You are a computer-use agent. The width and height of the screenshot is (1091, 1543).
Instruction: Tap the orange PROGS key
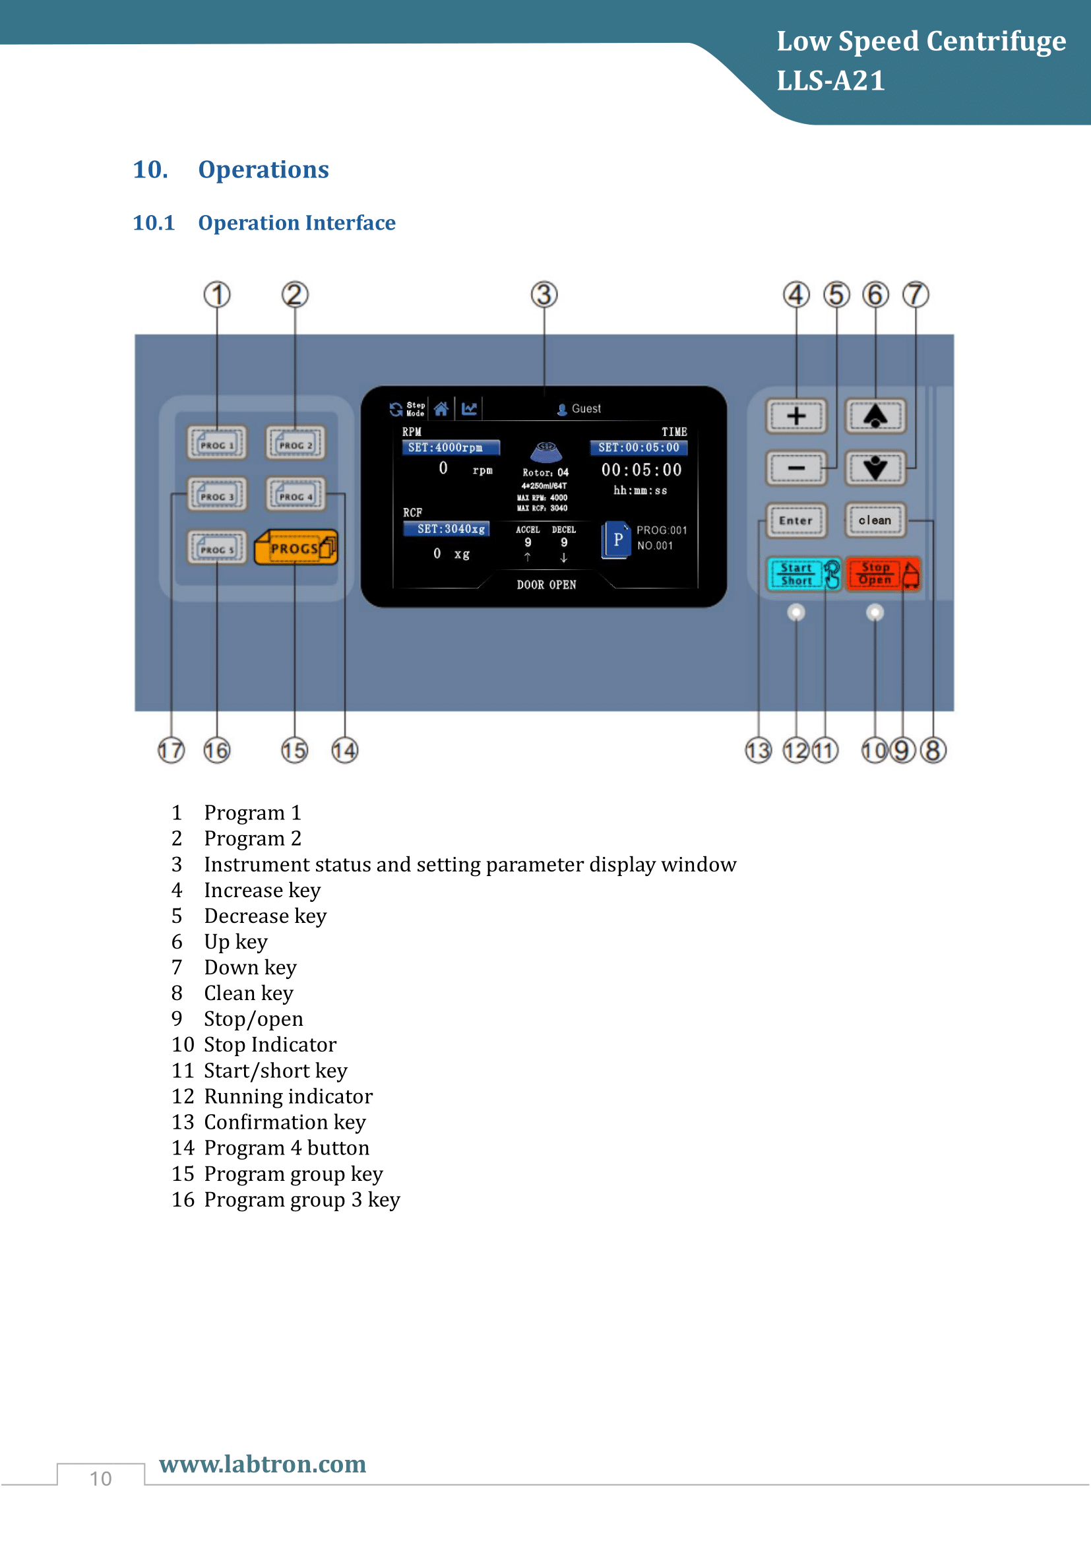(296, 548)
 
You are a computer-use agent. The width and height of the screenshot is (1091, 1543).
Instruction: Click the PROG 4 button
(296, 495)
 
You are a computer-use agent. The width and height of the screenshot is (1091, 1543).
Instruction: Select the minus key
(796, 468)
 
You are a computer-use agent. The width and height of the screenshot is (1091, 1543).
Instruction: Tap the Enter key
(796, 520)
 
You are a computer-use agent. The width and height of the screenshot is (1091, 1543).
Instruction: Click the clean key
(875, 520)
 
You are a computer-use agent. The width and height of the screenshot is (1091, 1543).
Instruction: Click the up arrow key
(875, 416)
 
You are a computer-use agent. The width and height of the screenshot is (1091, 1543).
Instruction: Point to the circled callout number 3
(544, 294)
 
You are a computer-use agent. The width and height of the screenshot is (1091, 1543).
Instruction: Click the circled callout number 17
(171, 750)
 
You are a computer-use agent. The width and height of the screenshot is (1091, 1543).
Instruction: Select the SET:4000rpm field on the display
(450, 447)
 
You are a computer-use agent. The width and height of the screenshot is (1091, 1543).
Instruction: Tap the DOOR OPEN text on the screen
(546, 584)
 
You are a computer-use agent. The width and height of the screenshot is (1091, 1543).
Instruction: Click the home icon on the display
(441, 408)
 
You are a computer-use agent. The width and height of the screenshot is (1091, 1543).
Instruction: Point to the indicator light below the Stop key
(875, 612)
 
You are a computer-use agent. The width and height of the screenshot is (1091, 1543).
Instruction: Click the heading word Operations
(263, 170)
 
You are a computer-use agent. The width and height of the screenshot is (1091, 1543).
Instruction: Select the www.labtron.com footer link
(263, 1464)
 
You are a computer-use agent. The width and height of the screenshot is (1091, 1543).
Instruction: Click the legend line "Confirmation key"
(285, 1121)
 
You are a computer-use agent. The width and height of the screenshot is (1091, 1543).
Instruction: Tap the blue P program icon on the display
(617, 539)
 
